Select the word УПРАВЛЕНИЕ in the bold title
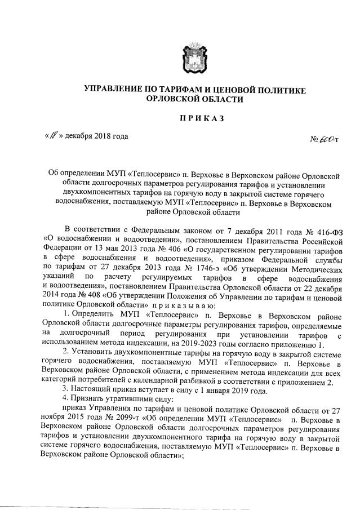coord(115,90)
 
